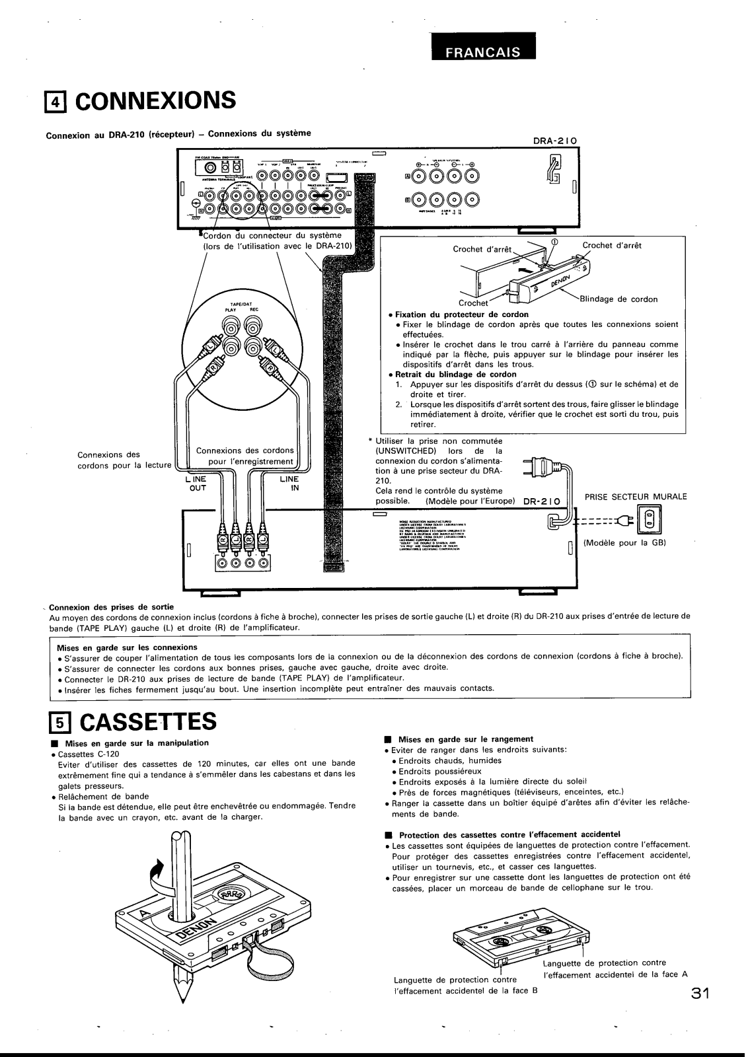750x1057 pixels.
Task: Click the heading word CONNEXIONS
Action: (158, 100)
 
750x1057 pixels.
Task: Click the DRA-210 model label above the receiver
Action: (555, 141)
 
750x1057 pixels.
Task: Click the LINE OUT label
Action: (198, 484)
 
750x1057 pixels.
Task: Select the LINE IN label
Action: (289, 484)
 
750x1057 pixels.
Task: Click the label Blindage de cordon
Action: (619, 299)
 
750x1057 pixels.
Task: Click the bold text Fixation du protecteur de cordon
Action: (461, 314)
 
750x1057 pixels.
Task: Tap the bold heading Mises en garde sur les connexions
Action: (128, 647)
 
